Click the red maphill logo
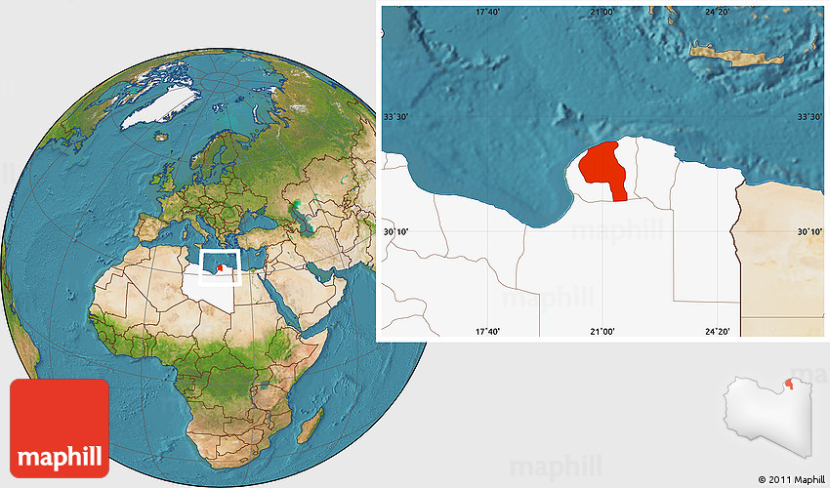(x=59, y=427)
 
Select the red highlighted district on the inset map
(x=600, y=168)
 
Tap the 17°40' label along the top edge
(x=488, y=12)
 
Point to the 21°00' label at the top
(x=602, y=12)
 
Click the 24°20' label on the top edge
(x=717, y=12)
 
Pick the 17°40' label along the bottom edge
(x=488, y=332)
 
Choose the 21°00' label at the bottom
(x=602, y=332)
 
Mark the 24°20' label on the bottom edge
(x=717, y=332)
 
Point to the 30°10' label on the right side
(x=809, y=231)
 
